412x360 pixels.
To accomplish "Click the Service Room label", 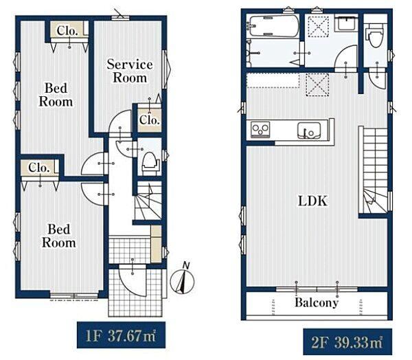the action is point(130,71).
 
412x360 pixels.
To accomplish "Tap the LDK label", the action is point(312,201).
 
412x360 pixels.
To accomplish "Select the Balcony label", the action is point(317,302).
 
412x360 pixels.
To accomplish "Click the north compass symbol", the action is point(183,280).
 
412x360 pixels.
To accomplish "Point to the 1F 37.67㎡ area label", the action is point(121,336).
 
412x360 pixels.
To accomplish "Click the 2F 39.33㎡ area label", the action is point(347,342).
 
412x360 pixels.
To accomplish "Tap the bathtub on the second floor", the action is point(273,26).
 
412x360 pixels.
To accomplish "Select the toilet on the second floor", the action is point(375,35).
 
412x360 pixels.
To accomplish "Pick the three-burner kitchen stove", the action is point(260,129).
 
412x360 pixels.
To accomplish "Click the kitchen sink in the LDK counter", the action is point(309,131).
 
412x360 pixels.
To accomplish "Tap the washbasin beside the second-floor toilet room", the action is point(347,23).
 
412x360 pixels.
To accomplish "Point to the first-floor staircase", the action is point(148,201).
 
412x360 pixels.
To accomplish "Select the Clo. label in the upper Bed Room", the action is point(67,31).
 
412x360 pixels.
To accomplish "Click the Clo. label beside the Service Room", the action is point(150,120).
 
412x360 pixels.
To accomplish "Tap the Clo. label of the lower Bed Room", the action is point(39,168).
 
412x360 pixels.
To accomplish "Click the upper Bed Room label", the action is point(56,95).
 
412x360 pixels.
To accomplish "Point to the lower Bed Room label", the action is point(59,236).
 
